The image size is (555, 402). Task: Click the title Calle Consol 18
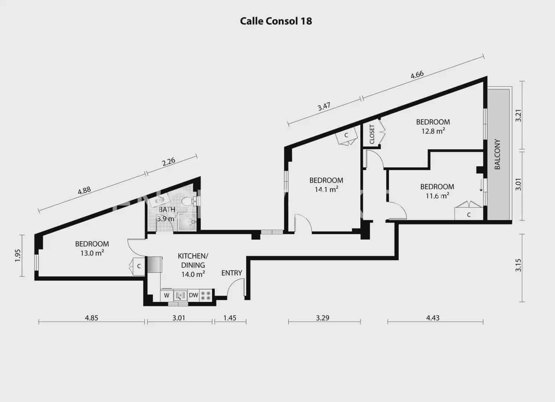click(276, 21)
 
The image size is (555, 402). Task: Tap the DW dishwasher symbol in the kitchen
click(194, 295)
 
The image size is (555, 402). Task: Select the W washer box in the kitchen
click(167, 295)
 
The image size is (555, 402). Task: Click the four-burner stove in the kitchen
click(206, 295)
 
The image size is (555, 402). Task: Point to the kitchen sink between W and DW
click(180, 295)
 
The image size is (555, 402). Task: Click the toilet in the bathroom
click(189, 201)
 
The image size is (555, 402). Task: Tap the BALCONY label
click(497, 154)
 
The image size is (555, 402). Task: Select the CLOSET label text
click(372, 134)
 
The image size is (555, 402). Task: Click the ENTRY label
click(232, 273)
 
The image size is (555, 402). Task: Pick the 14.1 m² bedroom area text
click(326, 190)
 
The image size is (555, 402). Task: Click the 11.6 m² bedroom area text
click(437, 196)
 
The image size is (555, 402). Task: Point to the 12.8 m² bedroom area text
click(433, 131)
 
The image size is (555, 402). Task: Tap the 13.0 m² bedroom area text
click(92, 253)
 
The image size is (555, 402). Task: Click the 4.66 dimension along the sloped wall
click(417, 75)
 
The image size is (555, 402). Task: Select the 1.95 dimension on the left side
click(17, 255)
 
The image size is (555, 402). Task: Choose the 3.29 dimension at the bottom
click(323, 318)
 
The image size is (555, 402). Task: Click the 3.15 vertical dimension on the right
click(518, 265)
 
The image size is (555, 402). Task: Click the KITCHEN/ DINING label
click(193, 260)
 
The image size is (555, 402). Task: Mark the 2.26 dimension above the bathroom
click(169, 162)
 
